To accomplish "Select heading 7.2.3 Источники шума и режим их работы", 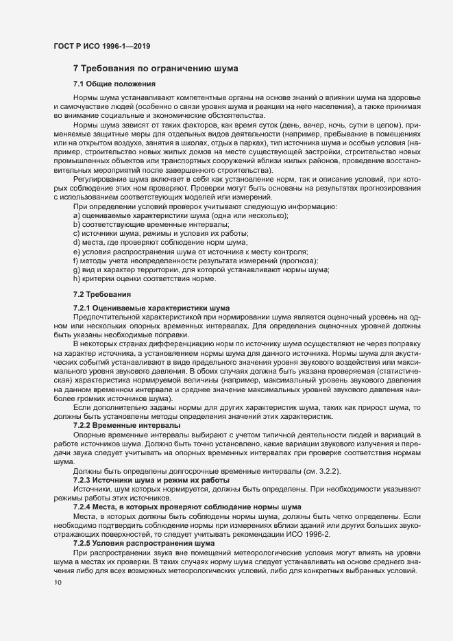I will tap(151, 480).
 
